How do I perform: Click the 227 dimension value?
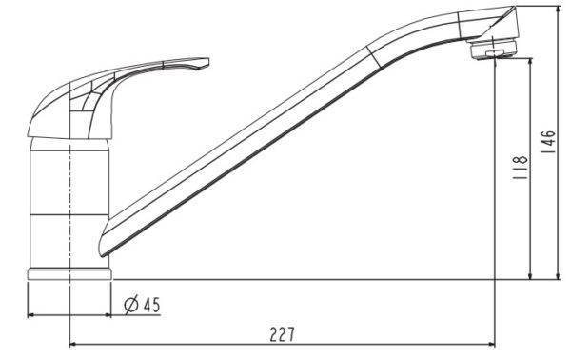[283, 334]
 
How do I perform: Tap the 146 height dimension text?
[548, 142]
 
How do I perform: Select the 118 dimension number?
[521, 168]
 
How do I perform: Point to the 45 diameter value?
[151, 305]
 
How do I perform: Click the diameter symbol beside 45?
[131, 306]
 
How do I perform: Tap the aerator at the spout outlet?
[493, 50]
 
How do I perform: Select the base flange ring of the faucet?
[69, 274]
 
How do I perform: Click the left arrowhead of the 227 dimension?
[72, 344]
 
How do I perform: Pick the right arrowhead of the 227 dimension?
[492, 344]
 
